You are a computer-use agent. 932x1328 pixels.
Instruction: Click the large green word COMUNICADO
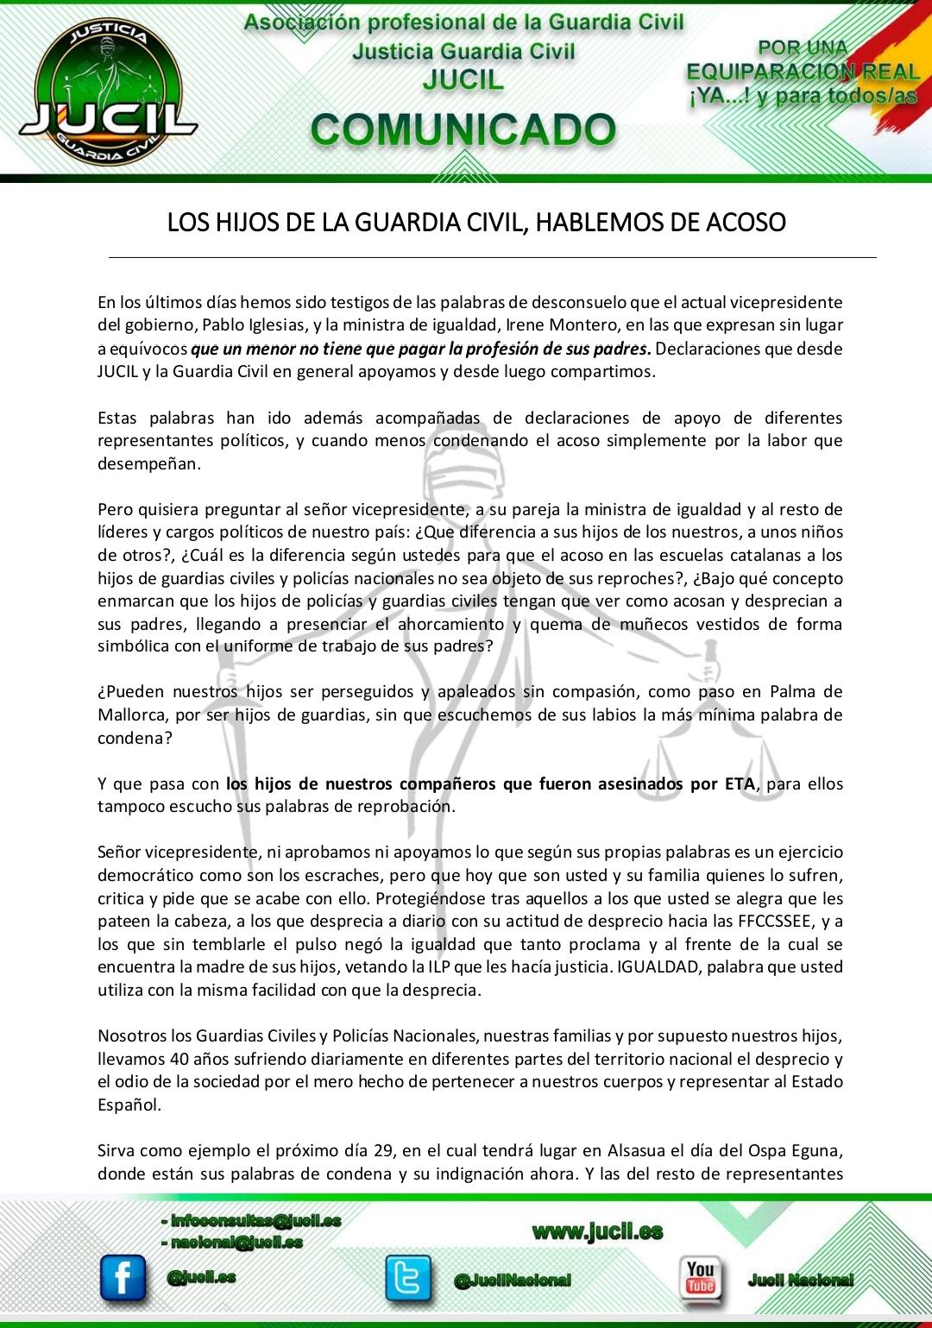(463, 130)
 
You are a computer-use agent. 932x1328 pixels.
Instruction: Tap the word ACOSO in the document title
(746, 223)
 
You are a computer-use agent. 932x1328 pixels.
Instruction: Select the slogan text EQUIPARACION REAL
(803, 72)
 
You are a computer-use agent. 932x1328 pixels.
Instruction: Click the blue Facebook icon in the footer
(123, 1278)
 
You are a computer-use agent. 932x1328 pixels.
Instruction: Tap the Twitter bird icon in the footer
(407, 1279)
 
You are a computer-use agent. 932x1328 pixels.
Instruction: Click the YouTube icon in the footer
(701, 1278)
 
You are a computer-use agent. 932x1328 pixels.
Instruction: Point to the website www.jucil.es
(597, 1231)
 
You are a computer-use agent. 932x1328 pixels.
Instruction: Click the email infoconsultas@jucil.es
(255, 1220)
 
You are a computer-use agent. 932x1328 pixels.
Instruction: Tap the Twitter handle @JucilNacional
(513, 1281)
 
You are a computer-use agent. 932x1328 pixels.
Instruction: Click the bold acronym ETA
(740, 784)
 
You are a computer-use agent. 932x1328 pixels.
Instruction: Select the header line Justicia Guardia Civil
(463, 52)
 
